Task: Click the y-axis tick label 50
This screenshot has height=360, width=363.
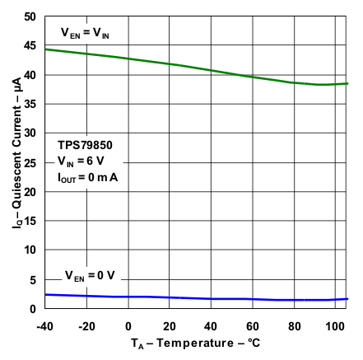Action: [x=29, y=16]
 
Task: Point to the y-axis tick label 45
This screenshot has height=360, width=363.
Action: [x=29, y=46]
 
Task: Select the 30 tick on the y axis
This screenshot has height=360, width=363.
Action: [x=29, y=133]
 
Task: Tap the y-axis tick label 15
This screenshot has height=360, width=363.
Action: [x=29, y=221]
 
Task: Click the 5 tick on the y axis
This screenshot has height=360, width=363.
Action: [x=32, y=280]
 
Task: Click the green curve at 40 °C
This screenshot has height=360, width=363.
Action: [x=212, y=70]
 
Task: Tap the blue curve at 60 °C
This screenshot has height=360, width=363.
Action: [x=253, y=299]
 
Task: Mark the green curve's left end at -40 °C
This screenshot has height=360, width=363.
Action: [x=45, y=49]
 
